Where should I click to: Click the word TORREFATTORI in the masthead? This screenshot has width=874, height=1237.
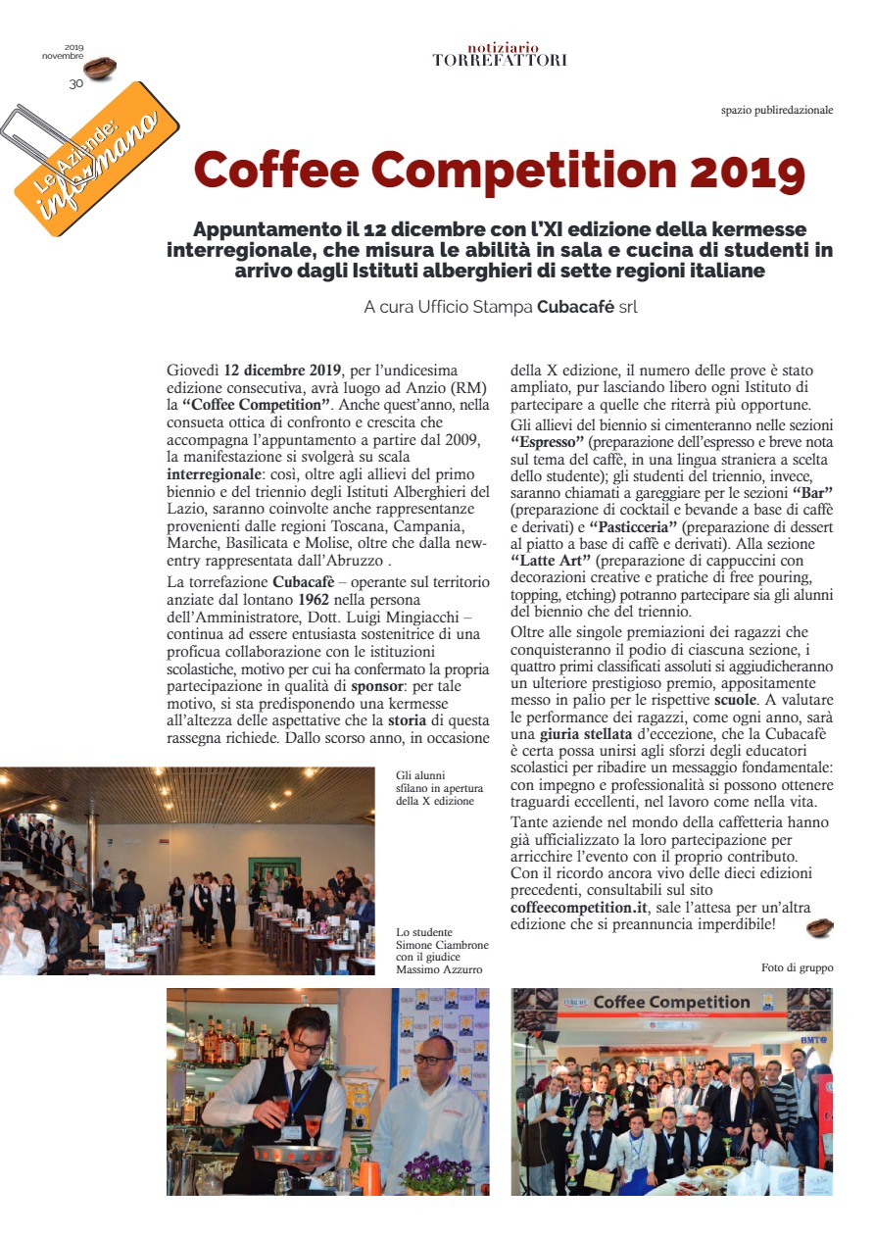499,61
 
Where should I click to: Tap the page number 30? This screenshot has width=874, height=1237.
75,84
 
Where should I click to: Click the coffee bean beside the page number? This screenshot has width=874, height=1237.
100,69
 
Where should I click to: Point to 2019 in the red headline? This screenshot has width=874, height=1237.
748,171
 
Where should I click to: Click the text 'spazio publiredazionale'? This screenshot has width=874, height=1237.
776,110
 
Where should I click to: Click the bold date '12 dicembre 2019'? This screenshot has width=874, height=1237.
283,371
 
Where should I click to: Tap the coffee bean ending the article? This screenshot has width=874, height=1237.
819,926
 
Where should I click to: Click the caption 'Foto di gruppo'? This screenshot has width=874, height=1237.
797,967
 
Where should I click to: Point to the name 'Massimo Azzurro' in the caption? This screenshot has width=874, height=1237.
441,970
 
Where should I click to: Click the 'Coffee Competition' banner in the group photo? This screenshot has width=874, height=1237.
671,1003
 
